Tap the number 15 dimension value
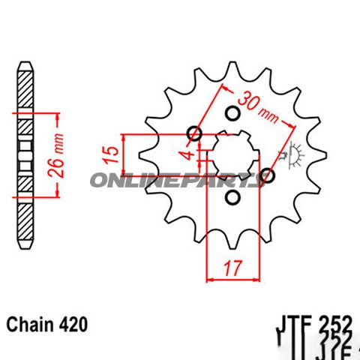tap(111, 155)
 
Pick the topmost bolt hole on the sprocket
tap(232, 114)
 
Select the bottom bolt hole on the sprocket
tap(232, 198)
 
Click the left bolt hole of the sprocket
tap(196, 135)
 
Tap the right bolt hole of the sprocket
tap(268, 175)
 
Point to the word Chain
tap(29, 325)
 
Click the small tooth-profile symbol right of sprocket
tap(295, 154)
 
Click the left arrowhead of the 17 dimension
tap(209, 278)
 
